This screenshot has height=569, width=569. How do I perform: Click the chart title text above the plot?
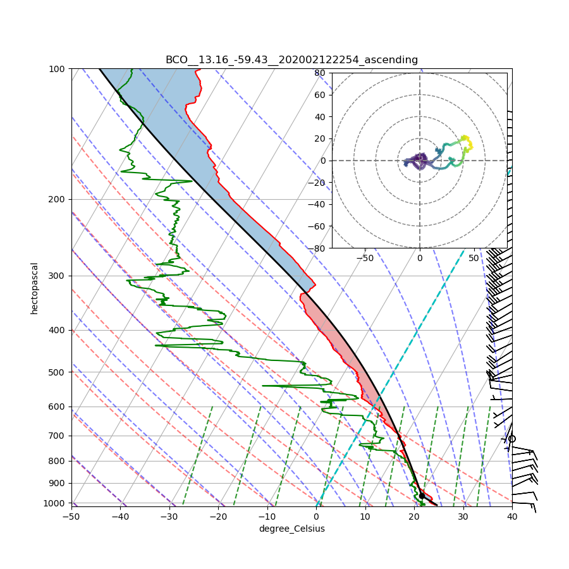(291, 60)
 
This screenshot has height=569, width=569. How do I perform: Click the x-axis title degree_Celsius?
(291, 529)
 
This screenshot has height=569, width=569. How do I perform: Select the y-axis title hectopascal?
(35, 288)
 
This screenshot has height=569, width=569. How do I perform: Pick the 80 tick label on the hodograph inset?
(320, 73)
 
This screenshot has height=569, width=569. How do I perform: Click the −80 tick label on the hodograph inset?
(318, 248)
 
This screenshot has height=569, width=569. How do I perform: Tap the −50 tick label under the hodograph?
(365, 258)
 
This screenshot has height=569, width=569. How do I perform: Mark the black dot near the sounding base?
(422, 496)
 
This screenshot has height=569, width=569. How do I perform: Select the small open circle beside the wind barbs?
(512, 439)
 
